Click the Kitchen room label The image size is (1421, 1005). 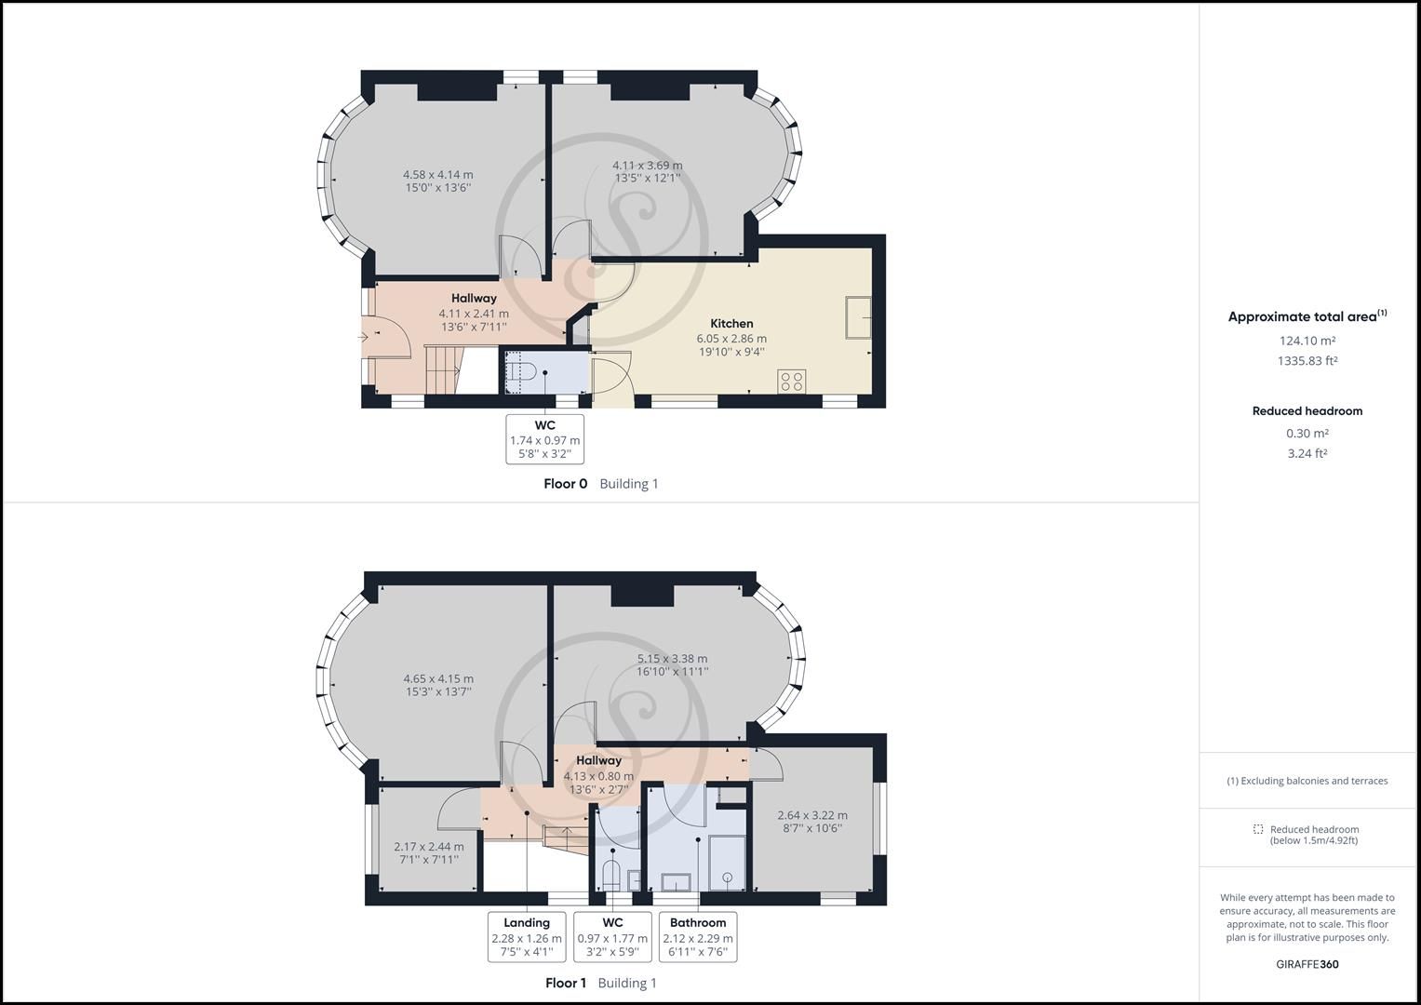731,324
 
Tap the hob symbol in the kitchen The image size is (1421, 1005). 792,381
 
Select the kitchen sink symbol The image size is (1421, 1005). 858,317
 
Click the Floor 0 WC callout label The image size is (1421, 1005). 545,425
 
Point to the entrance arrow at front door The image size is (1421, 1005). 363,338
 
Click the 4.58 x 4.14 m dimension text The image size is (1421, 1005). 437,174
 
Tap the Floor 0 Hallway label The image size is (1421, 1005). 474,299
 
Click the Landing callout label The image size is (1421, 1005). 527,923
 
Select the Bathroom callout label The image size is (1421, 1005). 698,923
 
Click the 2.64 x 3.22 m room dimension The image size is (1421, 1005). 812,815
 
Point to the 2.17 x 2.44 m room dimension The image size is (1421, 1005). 428,846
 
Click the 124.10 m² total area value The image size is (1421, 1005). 1307,341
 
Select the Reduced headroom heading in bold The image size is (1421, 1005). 1307,410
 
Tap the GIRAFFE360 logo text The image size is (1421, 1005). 1307,964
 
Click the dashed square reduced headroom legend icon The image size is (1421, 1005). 1258,829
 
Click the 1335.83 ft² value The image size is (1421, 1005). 1307,361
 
